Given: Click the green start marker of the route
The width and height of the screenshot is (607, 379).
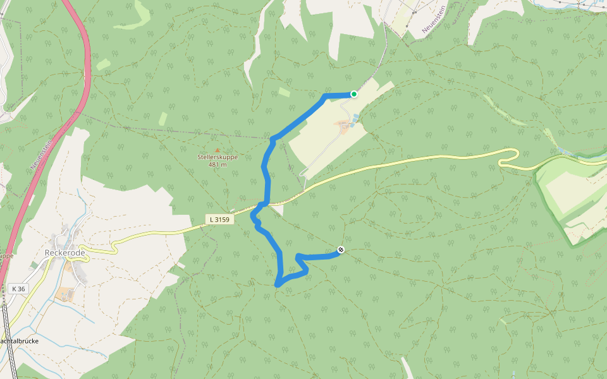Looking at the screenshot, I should point(354,94).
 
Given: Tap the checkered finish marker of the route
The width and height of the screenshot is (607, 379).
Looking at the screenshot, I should point(341,250).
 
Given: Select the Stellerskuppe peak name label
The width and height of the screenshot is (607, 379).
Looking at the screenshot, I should point(218,157).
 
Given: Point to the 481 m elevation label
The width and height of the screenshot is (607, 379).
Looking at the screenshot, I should point(218,165).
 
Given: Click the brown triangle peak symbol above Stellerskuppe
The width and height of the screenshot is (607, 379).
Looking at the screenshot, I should point(218,150).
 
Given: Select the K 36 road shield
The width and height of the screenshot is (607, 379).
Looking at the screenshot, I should point(18,289).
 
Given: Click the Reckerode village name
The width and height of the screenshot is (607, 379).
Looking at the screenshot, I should point(65,253).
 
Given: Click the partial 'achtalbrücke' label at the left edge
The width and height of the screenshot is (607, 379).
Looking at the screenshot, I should point(19,341).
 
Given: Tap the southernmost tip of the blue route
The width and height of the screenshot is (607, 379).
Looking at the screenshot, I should point(278,286).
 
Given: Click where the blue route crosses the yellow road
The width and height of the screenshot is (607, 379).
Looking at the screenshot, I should point(266,203).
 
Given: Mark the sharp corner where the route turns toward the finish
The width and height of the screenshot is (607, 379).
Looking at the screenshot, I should point(297,256).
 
